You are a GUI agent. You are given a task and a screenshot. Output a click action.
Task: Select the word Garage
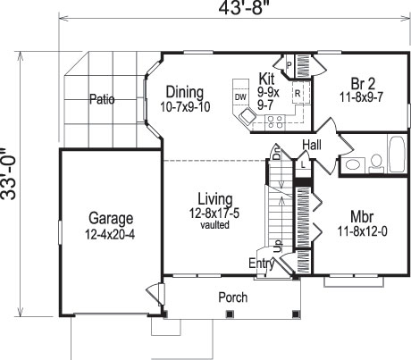(111, 218)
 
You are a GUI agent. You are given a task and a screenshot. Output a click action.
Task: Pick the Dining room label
(184, 91)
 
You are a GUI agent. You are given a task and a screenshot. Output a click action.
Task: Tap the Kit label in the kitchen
(266, 78)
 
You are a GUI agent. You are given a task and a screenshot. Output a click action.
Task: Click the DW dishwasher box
(239, 96)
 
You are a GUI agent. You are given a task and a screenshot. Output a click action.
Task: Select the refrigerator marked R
(297, 92)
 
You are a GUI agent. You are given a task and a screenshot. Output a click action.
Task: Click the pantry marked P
(289, 63)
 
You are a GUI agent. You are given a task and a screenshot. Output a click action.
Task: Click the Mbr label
(362, 216)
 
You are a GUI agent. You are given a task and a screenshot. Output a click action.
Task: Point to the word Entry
(261, 263)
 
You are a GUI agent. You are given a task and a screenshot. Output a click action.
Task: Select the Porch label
(233, 297)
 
